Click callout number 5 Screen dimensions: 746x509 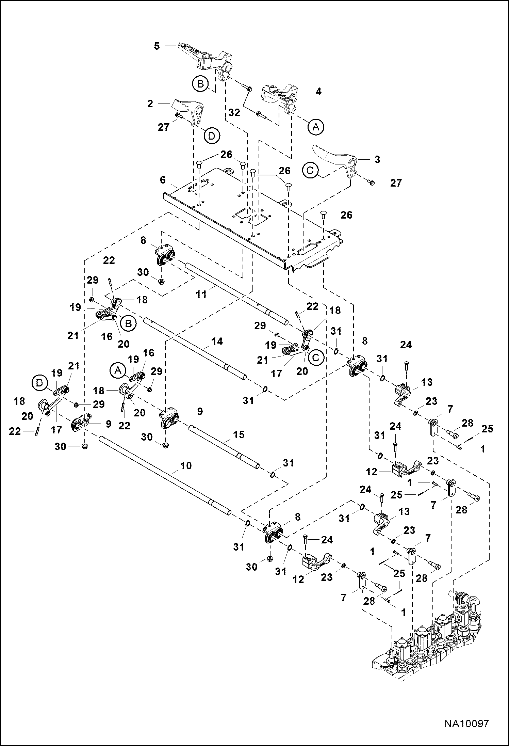[x=157, y=46]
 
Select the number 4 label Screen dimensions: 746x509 [x=318, y=91]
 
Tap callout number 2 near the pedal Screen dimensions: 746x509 [x=150, y=104]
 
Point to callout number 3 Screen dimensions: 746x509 [x=377, y=159]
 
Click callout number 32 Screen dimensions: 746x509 [x=234, y=112]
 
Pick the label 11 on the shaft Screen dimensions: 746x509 [x=202, y=293]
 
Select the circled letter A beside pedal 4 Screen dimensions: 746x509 [x=316, y=127]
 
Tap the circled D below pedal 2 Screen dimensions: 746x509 [x=212, y=136]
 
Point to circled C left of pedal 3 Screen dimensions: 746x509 [x=310, y=170]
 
